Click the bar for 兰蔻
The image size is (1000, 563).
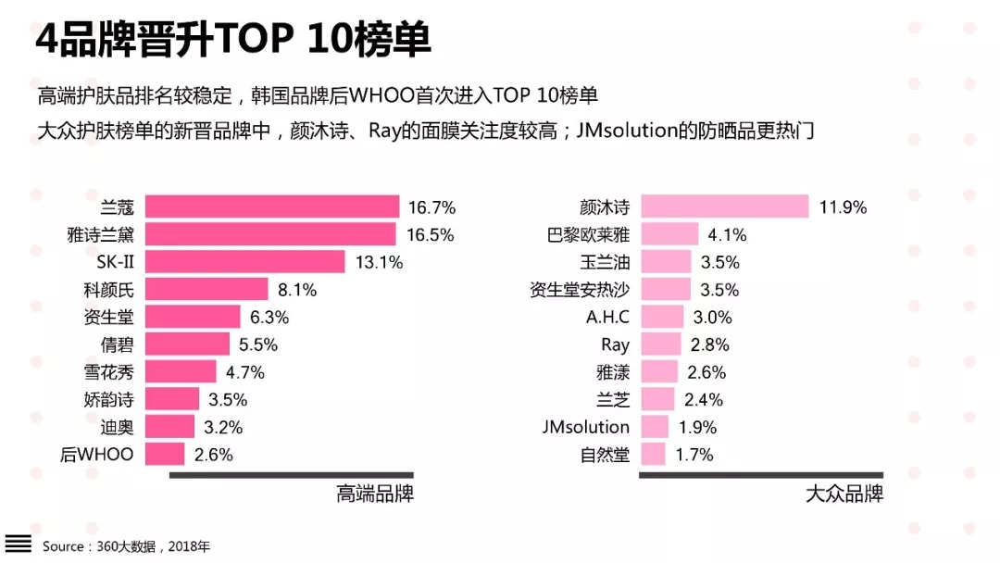click(x=272, y=206)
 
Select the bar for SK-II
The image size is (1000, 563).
click(x=245, y=262)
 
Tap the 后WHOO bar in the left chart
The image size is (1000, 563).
click(x=165, y=455)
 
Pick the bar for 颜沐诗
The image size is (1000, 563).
click(x=725, y=206)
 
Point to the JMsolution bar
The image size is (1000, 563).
click(x=655, y=427)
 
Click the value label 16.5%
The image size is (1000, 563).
click(x=431, y=235)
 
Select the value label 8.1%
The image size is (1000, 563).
click(x=297, y=290)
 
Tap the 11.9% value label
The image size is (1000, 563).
click(x=844, y=207)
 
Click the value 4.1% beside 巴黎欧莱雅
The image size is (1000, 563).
click(x=727, y=235)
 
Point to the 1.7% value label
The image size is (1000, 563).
click(x=694, y=455)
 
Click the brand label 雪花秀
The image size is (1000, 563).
click(x=109, y=372)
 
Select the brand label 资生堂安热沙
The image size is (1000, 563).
click(x=580, y=290)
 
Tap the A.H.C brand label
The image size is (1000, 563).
click(x=607, y=318)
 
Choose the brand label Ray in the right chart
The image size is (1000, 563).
click(x=615, y=345)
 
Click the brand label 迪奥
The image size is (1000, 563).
click(x=118, y=428)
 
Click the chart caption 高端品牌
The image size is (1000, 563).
click(x=375, y=494)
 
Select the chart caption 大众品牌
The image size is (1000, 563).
click(x=844, y=494)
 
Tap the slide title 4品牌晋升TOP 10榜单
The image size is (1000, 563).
click(x=232, y=42)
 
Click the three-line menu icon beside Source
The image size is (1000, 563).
click(x=19, y=544)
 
